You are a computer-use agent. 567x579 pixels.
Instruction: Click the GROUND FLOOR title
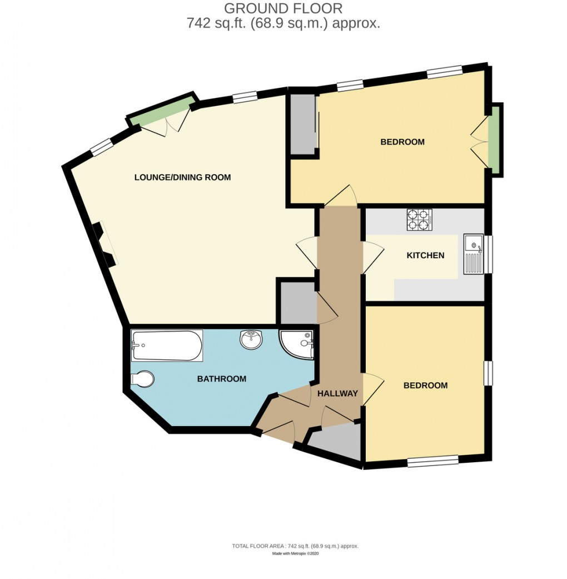283,8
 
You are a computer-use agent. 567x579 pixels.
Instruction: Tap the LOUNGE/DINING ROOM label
182,177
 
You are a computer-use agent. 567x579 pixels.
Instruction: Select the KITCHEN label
425,256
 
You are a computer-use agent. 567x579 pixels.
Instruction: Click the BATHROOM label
222,379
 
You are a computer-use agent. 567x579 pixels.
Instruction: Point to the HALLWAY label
337,393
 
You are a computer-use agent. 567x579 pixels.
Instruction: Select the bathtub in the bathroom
166,345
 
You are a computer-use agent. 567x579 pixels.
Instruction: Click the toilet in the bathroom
142,379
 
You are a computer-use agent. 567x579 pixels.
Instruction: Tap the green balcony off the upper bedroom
494,140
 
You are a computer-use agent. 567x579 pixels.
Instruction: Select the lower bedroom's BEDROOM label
425,385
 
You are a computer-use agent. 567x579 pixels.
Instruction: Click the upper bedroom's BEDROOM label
402,142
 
